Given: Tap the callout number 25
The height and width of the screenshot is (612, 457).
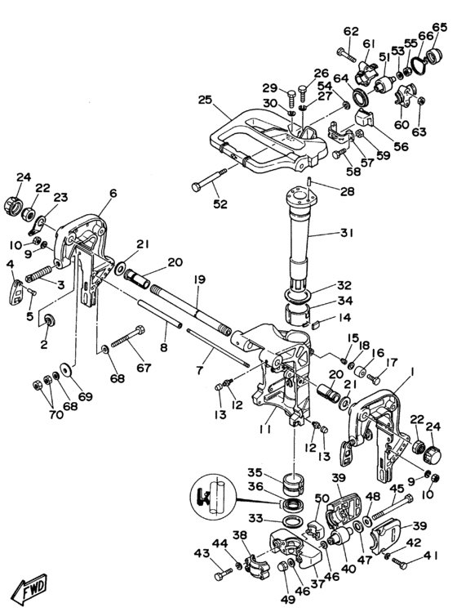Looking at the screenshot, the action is [205, 101].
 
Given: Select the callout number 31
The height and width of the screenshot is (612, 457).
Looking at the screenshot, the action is [346, 233].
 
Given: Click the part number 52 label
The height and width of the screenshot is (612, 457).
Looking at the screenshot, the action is [220, 203].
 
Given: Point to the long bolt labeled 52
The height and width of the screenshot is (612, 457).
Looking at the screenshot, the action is [210, 180].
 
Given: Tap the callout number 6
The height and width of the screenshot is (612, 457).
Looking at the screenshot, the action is [113, 193].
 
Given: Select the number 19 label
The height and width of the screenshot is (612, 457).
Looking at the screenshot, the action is [200, 279].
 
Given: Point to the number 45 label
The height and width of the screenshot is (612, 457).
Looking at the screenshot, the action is [397, 488].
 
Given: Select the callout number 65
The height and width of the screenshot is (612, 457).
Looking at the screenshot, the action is [439, 27].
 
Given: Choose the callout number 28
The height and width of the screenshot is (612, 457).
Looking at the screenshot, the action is [348, 191].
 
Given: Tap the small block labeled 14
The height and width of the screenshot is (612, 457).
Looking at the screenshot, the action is [317, 323].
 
